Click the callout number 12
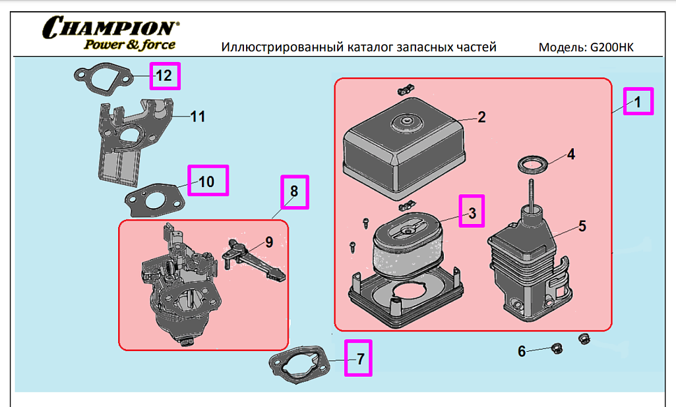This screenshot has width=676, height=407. pyautogui.click(x=164, y=76)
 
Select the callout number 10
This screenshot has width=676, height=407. pyautogui.click(x=207, y=181)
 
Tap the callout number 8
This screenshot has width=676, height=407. pyautogui.click(x=294, y=192)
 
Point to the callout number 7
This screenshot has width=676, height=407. pyautogui.click(x=360, y=359)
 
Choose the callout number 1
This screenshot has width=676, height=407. pyautogui.click(x=638, y=102)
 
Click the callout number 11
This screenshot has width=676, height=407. pyautogui.click(x=198, y=117)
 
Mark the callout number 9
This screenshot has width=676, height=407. pyautogui.click(x=269, y=242)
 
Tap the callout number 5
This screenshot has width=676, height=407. pyautogui.click(x=582, y=226)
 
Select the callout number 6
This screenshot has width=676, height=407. pyautogui.click(x=522, y=352)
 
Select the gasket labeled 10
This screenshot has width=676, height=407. pyautogui.click(x=156, y=197)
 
